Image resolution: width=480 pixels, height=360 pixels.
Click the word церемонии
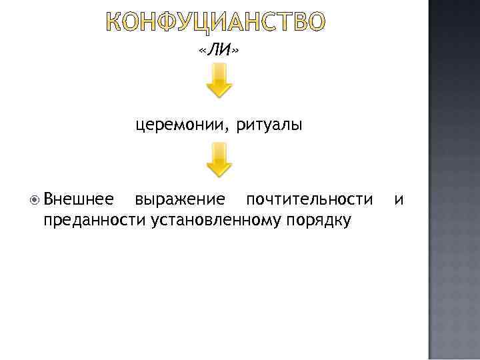point(179,125)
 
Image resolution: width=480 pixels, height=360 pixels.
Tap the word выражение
point(179,199)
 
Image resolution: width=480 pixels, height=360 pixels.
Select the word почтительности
point(309,199)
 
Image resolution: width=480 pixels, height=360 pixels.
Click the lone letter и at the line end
point(398,199)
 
